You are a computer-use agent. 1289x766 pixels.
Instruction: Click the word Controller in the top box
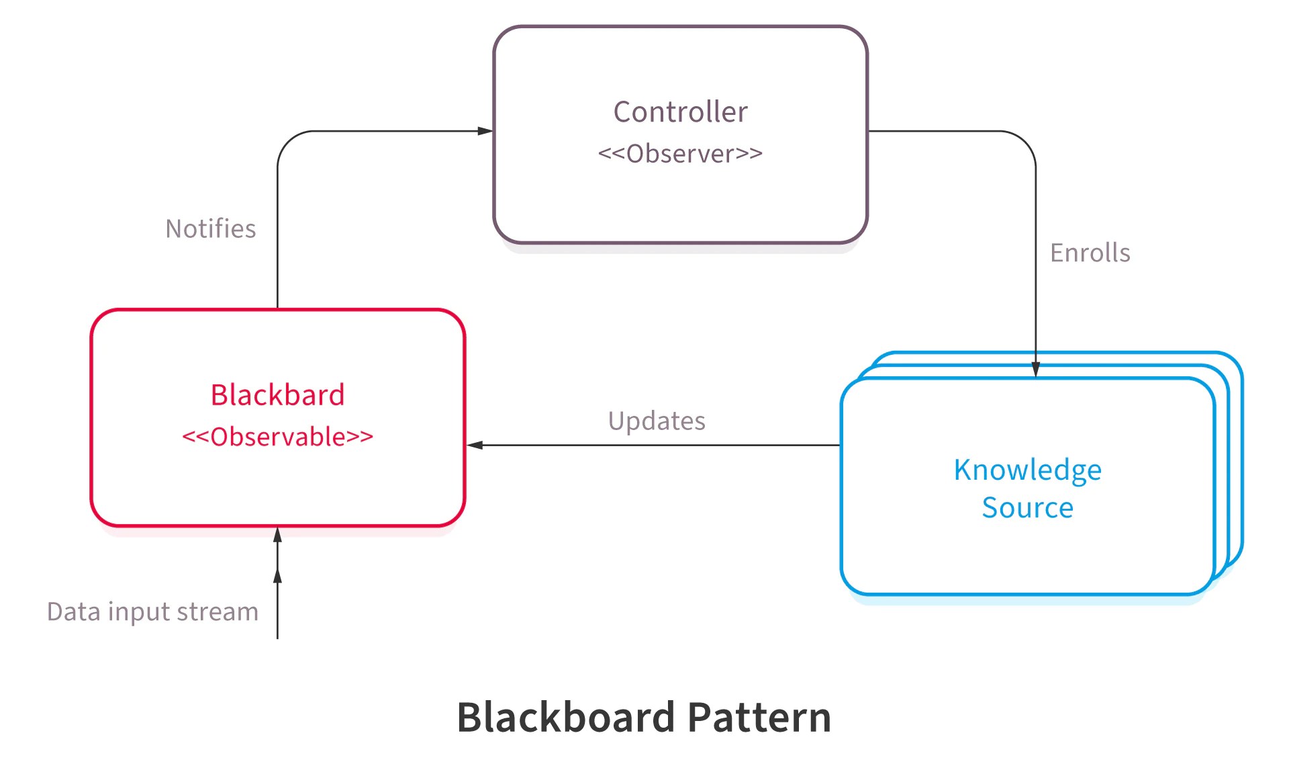(680, 112)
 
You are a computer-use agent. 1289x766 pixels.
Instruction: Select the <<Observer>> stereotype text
(680, 154)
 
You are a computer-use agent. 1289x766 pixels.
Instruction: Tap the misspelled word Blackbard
(277, 395)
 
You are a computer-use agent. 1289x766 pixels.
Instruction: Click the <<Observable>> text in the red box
(277, 437)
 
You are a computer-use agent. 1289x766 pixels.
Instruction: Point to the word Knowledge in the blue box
(1027, 470)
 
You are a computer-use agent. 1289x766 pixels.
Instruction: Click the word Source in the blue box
(1027, 508)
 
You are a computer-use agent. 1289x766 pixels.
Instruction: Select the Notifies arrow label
(210, 229)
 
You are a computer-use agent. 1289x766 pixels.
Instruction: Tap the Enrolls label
(1090, 253)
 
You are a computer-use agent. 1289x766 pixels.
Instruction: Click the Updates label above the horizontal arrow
(656, 421)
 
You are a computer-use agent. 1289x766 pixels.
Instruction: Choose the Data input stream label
(152, 612)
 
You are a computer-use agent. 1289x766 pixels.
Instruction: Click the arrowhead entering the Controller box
(485, 131)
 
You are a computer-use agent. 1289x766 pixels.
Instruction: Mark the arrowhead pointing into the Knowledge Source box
(1035, 370)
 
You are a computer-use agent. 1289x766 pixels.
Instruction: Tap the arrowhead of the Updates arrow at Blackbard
(475, 445)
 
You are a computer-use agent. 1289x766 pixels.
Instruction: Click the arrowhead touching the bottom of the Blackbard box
(277, 535)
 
